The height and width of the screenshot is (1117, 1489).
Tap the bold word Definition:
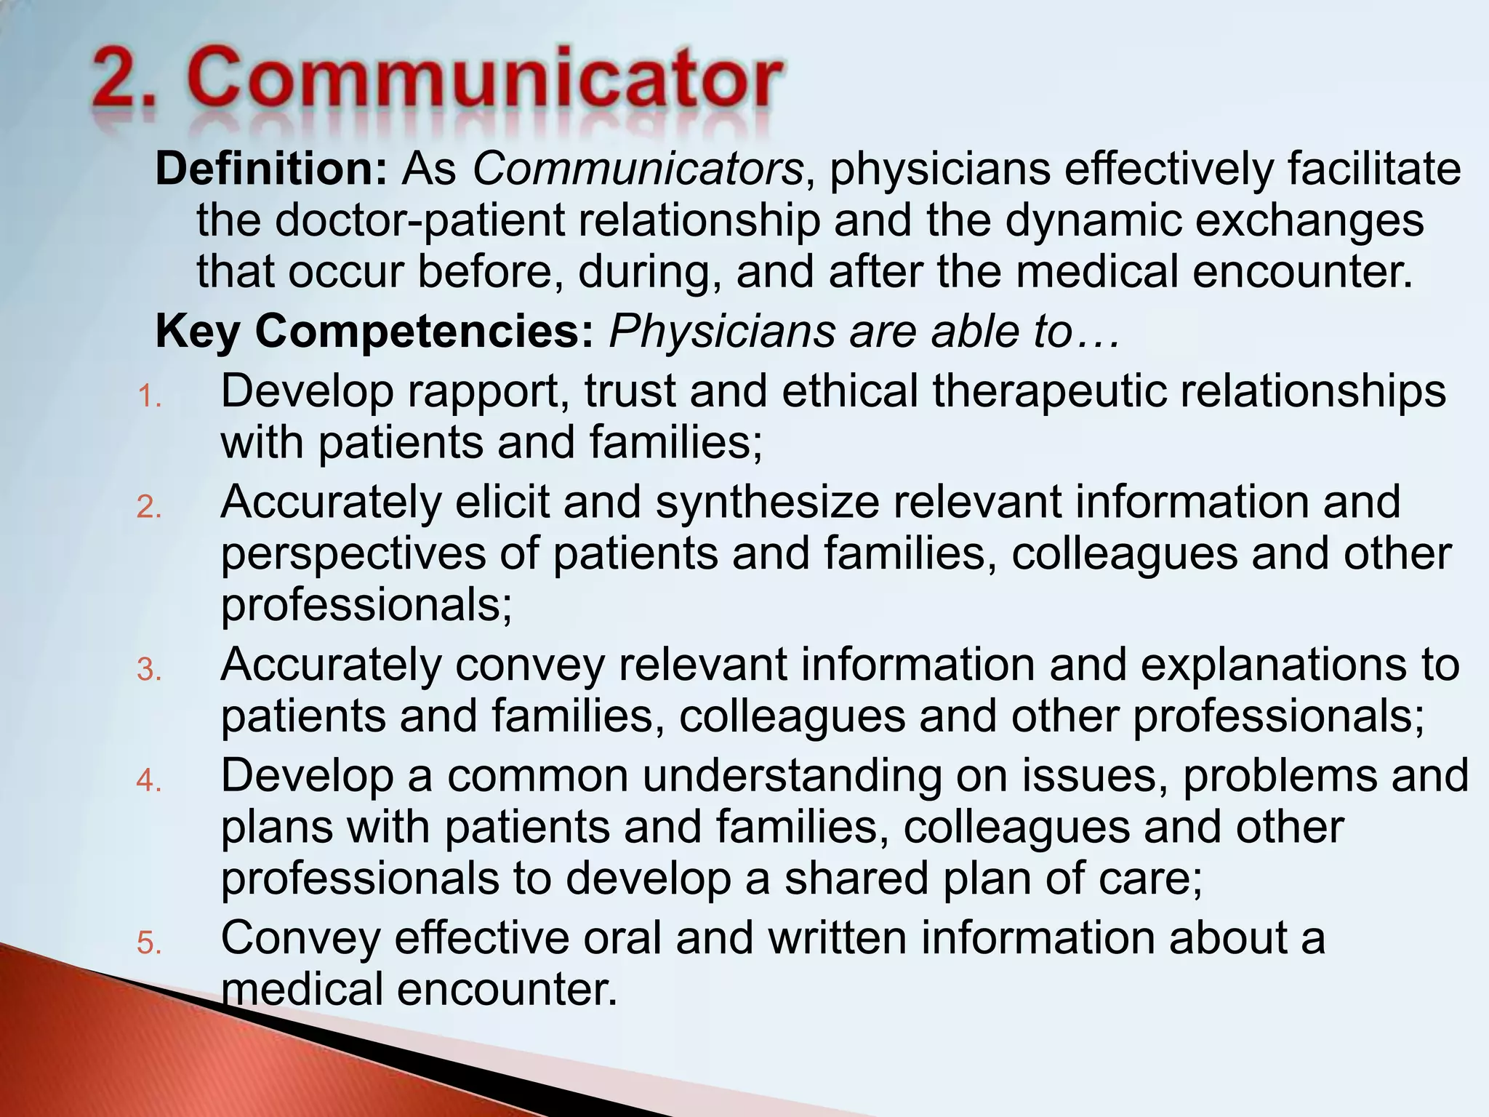tap(271, 169)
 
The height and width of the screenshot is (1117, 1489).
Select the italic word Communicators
tap(638, 169)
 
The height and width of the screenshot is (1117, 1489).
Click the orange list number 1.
tap(148, 397)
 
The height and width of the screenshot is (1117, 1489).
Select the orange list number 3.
tap(148, 670)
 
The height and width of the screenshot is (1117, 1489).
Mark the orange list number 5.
tap(148, 943)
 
